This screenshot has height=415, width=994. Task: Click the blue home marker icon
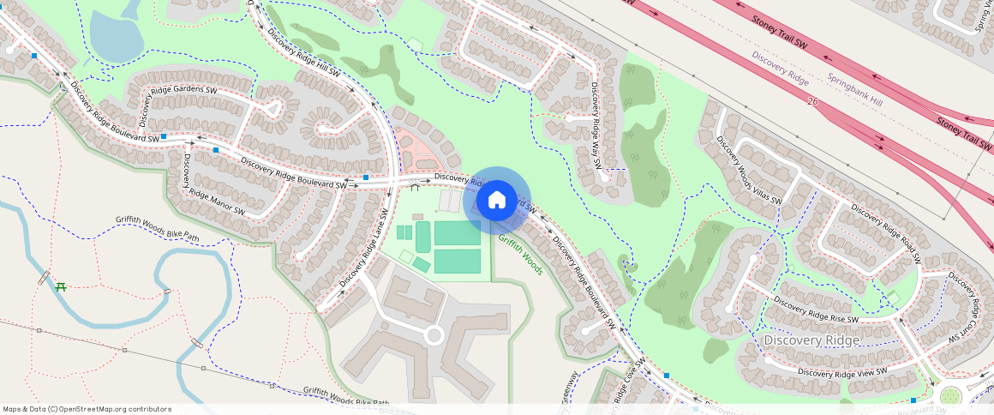pos(496,201)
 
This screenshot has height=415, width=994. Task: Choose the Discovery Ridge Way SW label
pos(592,123)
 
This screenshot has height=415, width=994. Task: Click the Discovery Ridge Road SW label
pos(885,232)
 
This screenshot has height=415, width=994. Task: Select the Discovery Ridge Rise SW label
pos(817,310)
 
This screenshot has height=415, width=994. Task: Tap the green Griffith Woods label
pos(521,255)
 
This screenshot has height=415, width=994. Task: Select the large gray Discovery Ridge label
pos(811,341)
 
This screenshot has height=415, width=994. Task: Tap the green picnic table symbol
pos(61,286)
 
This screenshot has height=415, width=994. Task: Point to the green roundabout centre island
pos(950,396)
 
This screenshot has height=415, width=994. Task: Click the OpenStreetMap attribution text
pos(87,409)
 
